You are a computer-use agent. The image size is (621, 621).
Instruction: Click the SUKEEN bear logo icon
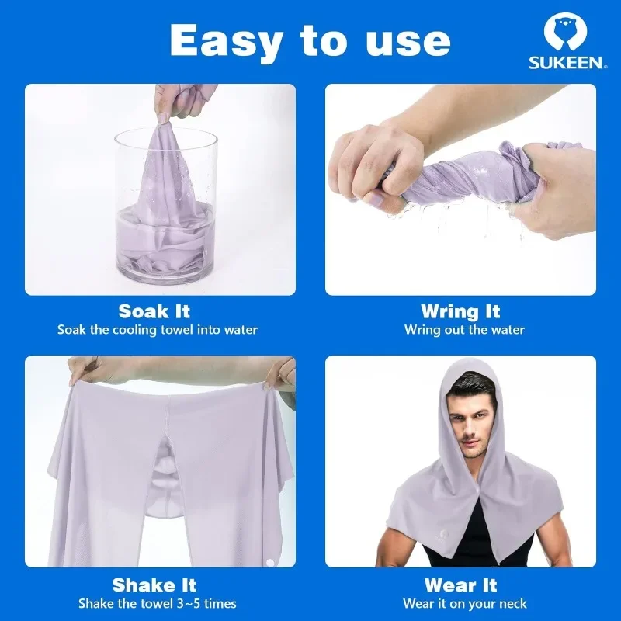[565, 32]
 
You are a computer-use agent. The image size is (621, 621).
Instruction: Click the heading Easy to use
[309, 40]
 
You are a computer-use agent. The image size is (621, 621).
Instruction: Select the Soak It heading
[154, 311]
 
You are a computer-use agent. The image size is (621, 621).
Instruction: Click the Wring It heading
[460, 311]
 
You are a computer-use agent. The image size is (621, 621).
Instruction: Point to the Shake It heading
[154, 585]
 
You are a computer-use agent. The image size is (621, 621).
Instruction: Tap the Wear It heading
[460, 585]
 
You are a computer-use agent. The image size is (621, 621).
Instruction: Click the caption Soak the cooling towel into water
[158, 330]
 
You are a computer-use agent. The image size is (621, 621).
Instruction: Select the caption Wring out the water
[464, 330]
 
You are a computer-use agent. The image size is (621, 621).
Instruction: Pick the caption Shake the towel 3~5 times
[158, 603]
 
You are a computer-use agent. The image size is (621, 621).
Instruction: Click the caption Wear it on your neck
[464, 603]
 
